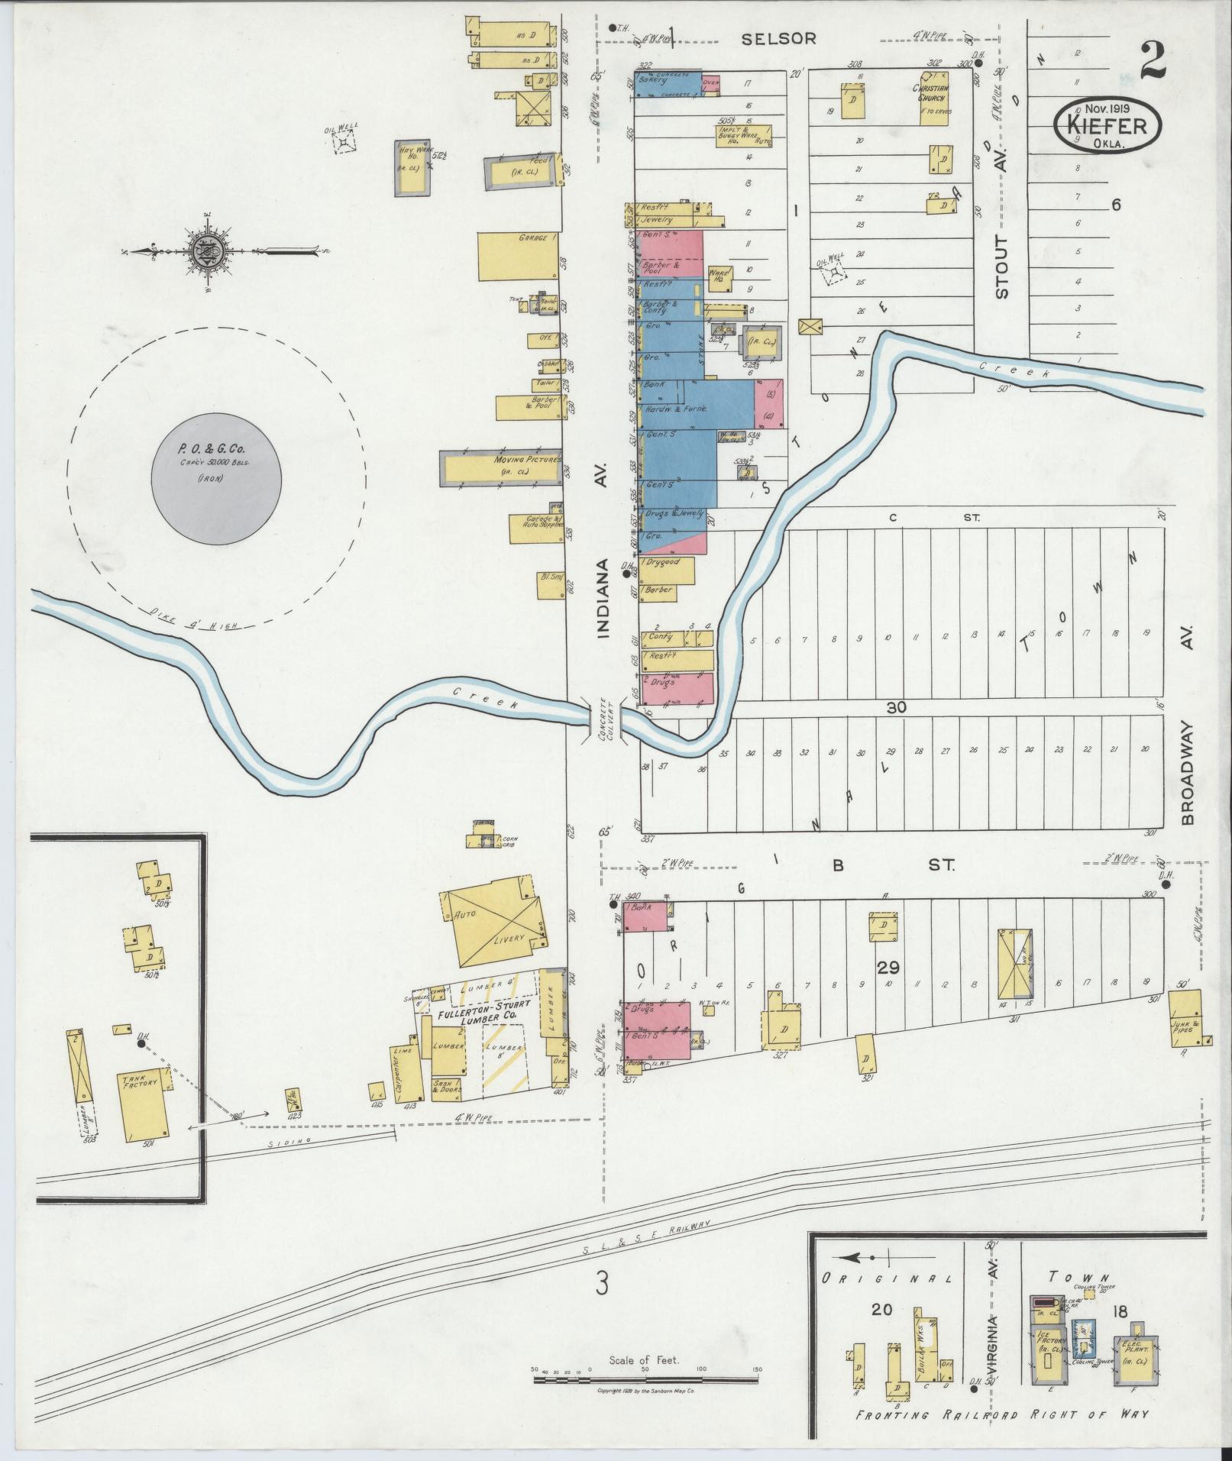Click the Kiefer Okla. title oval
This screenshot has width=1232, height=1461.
click(1108, 124)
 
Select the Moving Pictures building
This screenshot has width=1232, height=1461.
click(500, 467)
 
